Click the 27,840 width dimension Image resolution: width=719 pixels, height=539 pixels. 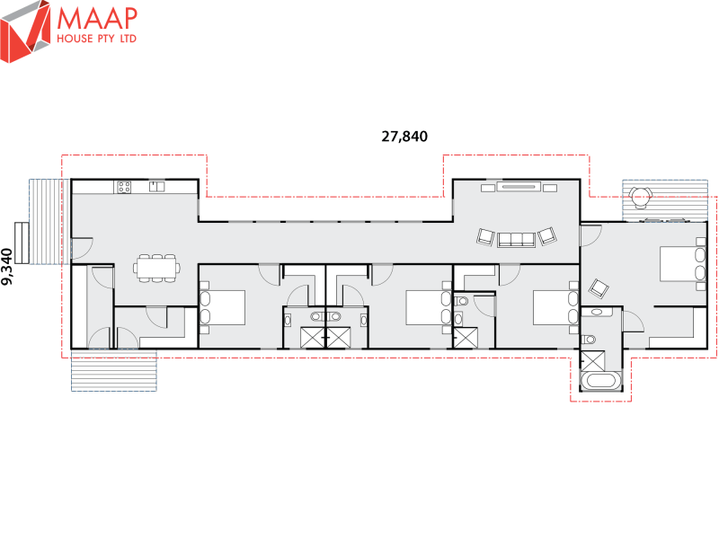click(404, 137)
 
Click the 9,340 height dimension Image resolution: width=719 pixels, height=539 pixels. click(7, 267)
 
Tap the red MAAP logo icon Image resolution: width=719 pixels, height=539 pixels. click(25, 31)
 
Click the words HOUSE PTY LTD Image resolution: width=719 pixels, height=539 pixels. click(97, 39)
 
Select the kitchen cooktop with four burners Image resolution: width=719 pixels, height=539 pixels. click(124, 187)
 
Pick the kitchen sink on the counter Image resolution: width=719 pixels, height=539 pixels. click(156, 187)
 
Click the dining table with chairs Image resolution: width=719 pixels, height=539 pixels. click(156, 268)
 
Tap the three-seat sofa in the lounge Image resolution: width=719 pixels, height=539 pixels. click(516, 240)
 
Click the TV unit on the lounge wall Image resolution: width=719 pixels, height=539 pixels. click(519, 187)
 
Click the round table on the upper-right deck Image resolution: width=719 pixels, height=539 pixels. click(640, 198)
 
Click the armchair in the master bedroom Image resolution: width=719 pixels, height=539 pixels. click(599, 288)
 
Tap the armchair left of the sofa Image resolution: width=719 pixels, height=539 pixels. click(485, 237)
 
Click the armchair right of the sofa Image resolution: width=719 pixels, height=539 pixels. click(547, 236)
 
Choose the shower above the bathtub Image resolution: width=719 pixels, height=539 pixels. click(593, 361)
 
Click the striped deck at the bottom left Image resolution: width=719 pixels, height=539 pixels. click(114, 370)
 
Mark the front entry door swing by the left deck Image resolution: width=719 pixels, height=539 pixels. click(83, 248)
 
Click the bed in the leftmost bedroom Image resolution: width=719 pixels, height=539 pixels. click(222, 307)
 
